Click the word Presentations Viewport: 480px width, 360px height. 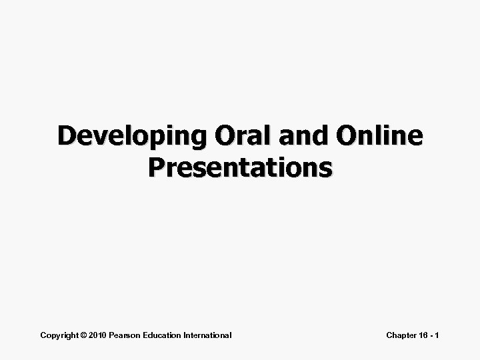240,168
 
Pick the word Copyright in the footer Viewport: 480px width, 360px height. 59,335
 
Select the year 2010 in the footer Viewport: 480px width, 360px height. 98,335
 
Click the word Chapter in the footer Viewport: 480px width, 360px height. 402,335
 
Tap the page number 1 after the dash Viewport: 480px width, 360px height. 438,335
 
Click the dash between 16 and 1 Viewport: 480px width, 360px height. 432,335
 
